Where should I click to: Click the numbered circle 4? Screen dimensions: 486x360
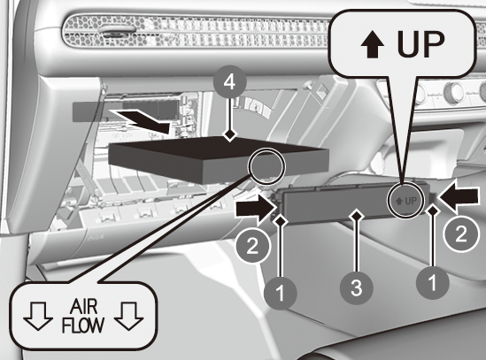229,81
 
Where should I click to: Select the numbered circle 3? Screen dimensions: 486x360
357,287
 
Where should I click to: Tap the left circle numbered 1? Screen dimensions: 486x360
281,293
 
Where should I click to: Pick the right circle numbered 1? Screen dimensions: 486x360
433,283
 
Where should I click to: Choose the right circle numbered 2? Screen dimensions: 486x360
461,234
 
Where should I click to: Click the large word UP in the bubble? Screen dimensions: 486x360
420,44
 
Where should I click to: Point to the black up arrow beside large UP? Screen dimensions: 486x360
373,46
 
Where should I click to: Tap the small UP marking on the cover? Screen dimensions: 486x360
406,201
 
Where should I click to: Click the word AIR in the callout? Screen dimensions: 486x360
83,307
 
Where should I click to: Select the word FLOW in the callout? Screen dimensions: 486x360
82,325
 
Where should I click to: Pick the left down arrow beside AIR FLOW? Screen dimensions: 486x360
38,316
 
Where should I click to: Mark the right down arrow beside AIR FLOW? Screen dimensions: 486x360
128,316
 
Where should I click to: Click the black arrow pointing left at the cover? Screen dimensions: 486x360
458,195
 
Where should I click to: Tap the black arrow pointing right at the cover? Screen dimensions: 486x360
256,210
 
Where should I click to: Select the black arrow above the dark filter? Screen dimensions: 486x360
141,121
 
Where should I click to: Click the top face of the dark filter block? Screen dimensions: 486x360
218,149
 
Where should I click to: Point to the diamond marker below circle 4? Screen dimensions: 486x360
229,134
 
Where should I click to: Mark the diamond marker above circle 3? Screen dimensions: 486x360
357,215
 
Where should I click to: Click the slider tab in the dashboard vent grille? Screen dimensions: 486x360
120,29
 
